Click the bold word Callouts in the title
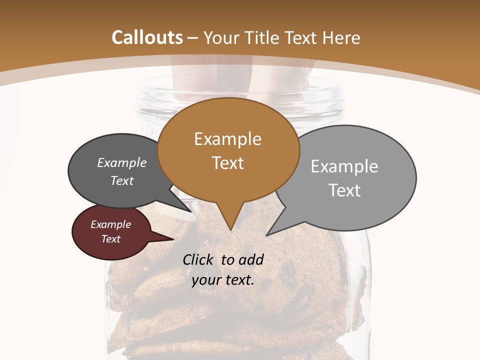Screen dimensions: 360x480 tap(147, 38)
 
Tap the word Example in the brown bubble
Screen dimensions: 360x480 tap(227, 139)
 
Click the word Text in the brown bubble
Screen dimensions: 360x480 tap(227, 163)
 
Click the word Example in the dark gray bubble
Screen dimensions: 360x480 tap(122, 163)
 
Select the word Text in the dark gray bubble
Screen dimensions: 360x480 tap(122, 181)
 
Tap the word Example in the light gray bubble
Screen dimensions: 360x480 tap(344, 166)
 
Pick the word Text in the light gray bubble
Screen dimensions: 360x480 tap(344, 190)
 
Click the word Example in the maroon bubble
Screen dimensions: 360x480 tap(111, 224)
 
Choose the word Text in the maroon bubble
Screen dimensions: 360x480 tap(111, 239)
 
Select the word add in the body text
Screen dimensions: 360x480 tap(250, 259)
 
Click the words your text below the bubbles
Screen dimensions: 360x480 tap(222, 280)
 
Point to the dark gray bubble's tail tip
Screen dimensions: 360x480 tap(191, 211)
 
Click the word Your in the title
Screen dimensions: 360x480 tap(222, 38)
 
